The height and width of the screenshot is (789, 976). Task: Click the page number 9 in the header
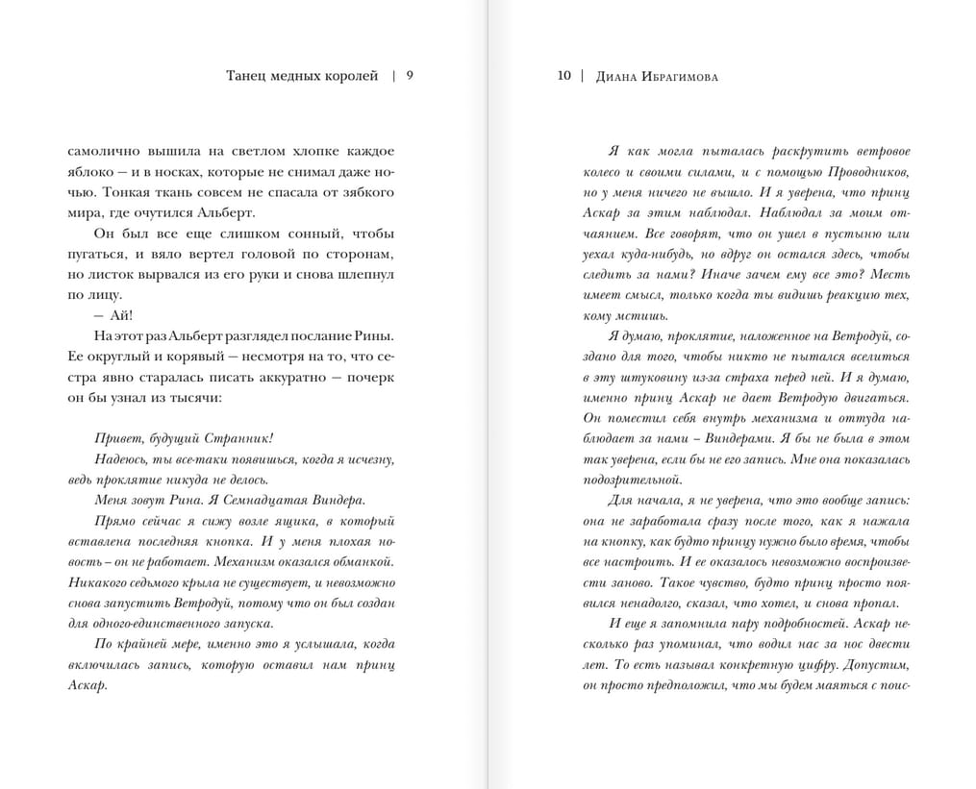(x=411, y=76)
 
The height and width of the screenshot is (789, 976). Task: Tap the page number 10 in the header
(x=564, y=76)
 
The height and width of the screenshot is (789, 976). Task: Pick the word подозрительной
(x=632, y=480)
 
